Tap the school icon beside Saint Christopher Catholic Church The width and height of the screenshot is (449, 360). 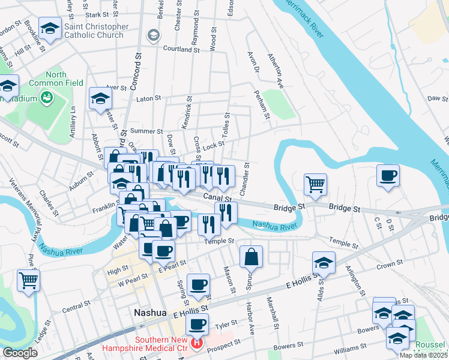pyautogui.click(x=50, y=28)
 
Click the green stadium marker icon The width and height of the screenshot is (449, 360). pyautogui.click(x=46, y=96)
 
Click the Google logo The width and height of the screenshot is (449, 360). pyautogui.click(x=20, y=353)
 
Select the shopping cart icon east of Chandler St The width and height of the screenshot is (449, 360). pyautogui.click(x=315, y=184)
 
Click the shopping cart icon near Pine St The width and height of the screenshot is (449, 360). pyautogui.click(x=28, y=280)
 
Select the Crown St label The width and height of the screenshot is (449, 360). pyautogui.click(x=390, y=264)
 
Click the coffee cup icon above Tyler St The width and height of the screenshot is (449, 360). pyautogui.click(x=196, y=325)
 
